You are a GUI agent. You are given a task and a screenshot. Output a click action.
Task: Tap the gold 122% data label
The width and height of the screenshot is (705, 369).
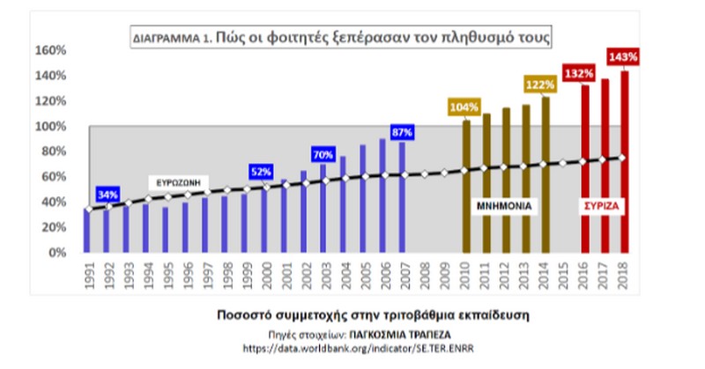[x=541, y=85]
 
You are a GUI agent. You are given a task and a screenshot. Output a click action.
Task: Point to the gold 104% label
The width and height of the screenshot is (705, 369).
[x=464, y=107]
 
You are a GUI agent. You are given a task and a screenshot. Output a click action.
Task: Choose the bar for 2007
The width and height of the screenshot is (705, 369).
[x=403, y=197]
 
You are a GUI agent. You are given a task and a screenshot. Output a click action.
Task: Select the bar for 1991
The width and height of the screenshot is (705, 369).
[x=87, y=231]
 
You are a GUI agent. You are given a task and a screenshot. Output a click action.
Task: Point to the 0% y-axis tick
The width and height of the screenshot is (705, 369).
[x=55, y=253]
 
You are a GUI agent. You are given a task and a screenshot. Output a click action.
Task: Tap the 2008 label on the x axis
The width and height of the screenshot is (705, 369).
[x=424, y=276]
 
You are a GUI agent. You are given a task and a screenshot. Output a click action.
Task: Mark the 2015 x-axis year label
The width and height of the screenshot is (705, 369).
[x=563, y=276]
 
